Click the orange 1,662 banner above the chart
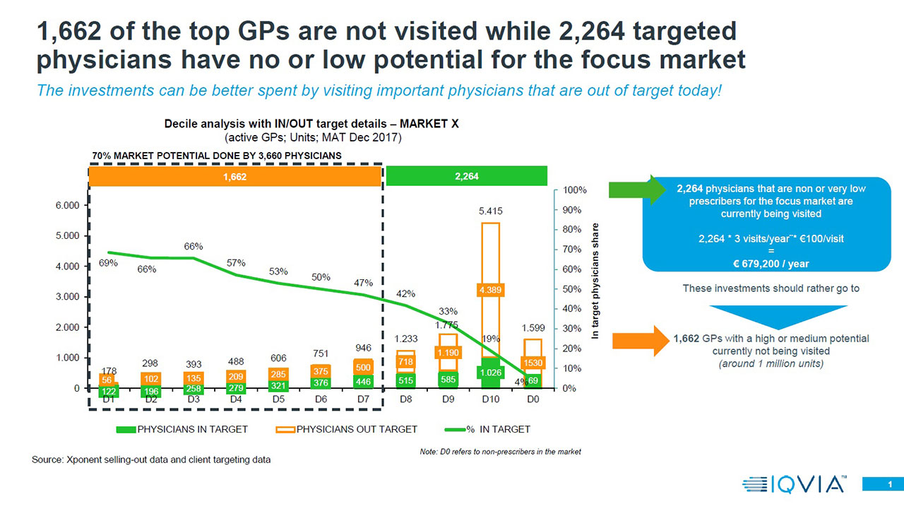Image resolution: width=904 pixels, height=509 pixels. tap(235, 176)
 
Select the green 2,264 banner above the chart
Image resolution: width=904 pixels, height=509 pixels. tap(467, 176)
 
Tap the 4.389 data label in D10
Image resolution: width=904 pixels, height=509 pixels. tap(490, 290)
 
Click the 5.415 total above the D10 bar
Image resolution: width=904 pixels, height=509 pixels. tap(490, 211)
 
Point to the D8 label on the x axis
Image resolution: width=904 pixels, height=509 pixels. tap(405, 400)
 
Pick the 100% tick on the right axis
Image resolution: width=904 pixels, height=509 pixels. tap(575, 190)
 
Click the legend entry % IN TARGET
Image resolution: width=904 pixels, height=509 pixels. tap(494, 429)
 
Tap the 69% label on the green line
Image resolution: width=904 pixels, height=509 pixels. tap(108, 264)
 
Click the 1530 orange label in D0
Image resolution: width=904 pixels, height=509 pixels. tap(533, 362)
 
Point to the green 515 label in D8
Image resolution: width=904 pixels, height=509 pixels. tap(405, 381)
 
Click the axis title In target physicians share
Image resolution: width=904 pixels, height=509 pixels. tap(595, 282)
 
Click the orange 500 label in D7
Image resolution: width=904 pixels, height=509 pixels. tap(363, 368)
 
